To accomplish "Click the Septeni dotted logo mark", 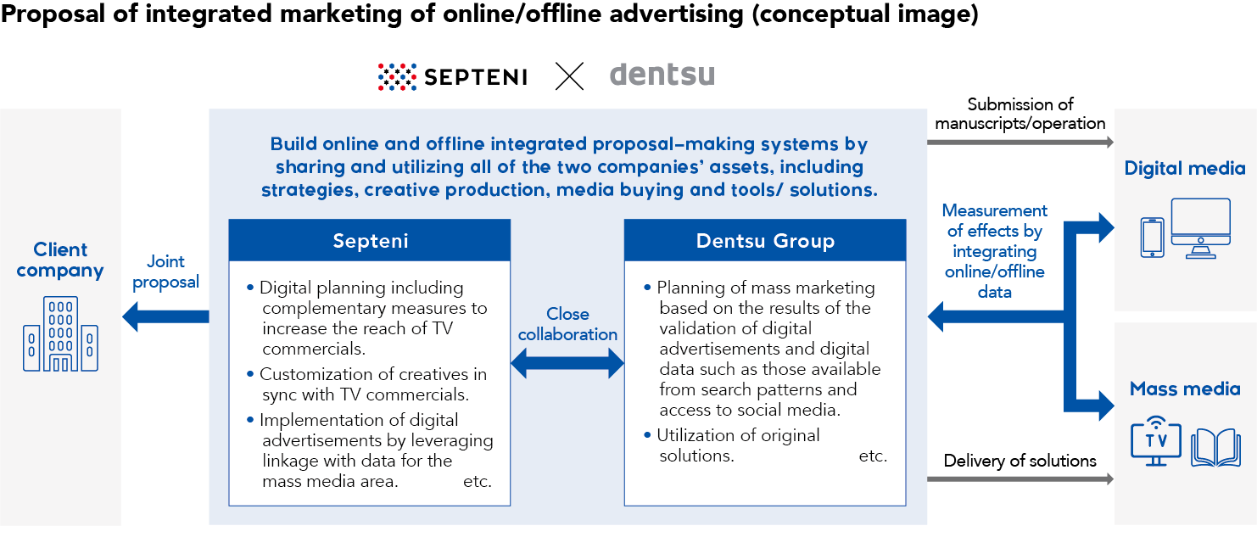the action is point(397,77).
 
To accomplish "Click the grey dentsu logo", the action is point(662,75).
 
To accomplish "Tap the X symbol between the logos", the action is point(569,76).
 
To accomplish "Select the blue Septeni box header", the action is point(370,240).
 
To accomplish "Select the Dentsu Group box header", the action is point(765,240).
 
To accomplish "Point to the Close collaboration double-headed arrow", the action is point(567,363).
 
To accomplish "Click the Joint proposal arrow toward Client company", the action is point(165,316).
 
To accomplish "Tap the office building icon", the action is point(60,334).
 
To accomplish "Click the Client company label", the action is point(60,260).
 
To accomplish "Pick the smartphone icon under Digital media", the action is point(1153,238).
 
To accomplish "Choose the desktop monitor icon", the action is point(1201,228).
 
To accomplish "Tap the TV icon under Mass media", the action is point(1156,442).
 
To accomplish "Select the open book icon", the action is point(1216,448).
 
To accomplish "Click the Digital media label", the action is point(1185,168).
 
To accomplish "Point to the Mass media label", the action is point(1185,389).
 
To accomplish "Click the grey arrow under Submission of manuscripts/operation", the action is point(1020,143).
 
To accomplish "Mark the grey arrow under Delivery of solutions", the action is point(1020,479).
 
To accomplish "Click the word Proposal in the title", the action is point(53,14).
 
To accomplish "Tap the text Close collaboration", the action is point(567,324).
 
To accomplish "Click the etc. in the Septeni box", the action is point(477,482).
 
